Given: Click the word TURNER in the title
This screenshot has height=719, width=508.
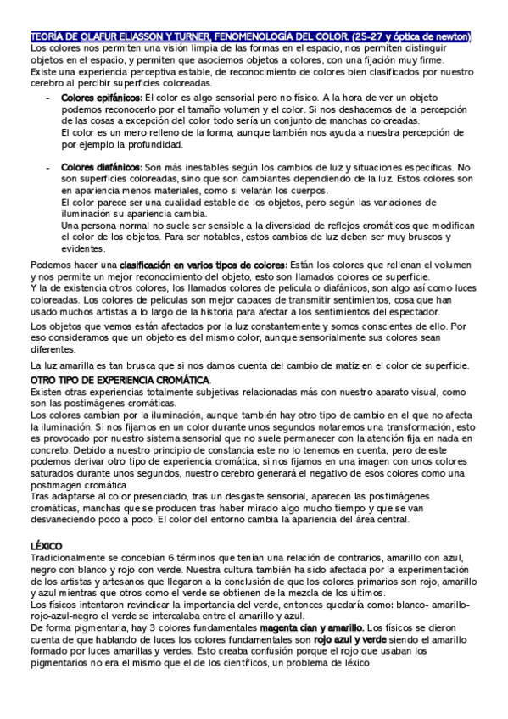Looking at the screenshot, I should (x=193, y=37).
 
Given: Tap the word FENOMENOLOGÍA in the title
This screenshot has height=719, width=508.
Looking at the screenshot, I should (x=260, y=37).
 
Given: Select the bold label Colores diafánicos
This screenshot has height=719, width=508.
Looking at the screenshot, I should (x=95, y=168).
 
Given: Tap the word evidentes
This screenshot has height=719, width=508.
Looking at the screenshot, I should (x=83, y=248).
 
